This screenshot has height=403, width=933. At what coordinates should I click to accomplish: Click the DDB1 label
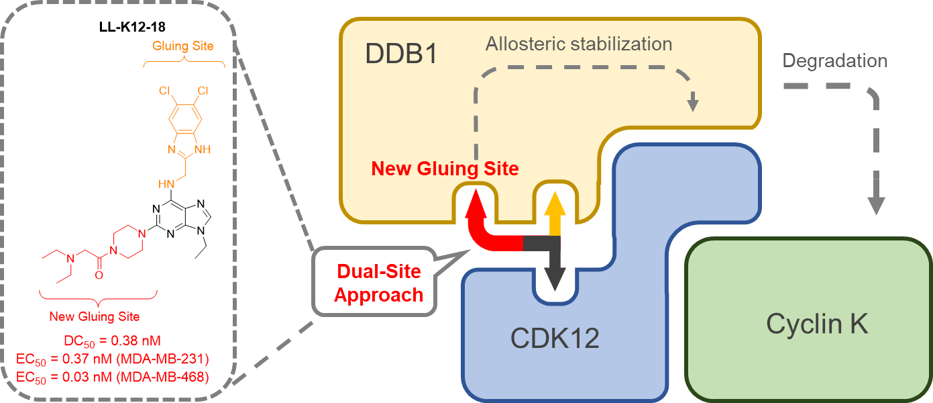[x=401, y=54]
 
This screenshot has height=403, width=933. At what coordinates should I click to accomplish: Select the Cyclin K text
[x=817, y=324]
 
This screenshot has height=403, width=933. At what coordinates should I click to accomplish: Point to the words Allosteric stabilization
[x=578, y=45]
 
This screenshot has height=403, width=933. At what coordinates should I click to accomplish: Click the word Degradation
[x=835, y=61]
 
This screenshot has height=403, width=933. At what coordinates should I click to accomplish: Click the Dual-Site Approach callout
[x=379, y=283]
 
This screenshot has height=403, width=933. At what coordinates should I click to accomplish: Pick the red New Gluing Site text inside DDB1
[x=445, y=169]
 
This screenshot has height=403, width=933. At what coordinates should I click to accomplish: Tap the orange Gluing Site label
[x=183, y=46]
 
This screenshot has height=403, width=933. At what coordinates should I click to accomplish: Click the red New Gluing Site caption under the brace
[x=94, y=316]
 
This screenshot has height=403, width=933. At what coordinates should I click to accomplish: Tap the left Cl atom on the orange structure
[x=165, y=90]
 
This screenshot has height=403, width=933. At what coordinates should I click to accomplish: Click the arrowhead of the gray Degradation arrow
[x=876, y=206]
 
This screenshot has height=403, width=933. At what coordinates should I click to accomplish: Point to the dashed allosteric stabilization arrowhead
[x=693, y=104]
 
